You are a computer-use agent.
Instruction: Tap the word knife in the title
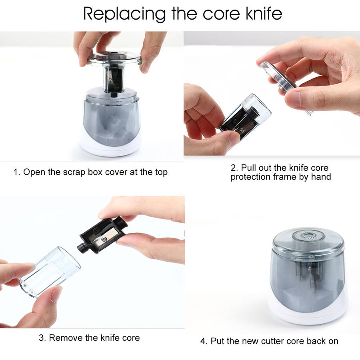264,13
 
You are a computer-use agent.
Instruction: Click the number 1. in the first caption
17,172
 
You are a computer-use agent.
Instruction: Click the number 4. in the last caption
204,341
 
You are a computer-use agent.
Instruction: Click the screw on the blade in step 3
104,239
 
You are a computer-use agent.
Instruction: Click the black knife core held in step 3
102,236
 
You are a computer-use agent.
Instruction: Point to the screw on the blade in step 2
242,131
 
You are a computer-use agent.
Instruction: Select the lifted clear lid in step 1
114,58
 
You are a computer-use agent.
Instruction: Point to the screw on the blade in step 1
110,80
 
